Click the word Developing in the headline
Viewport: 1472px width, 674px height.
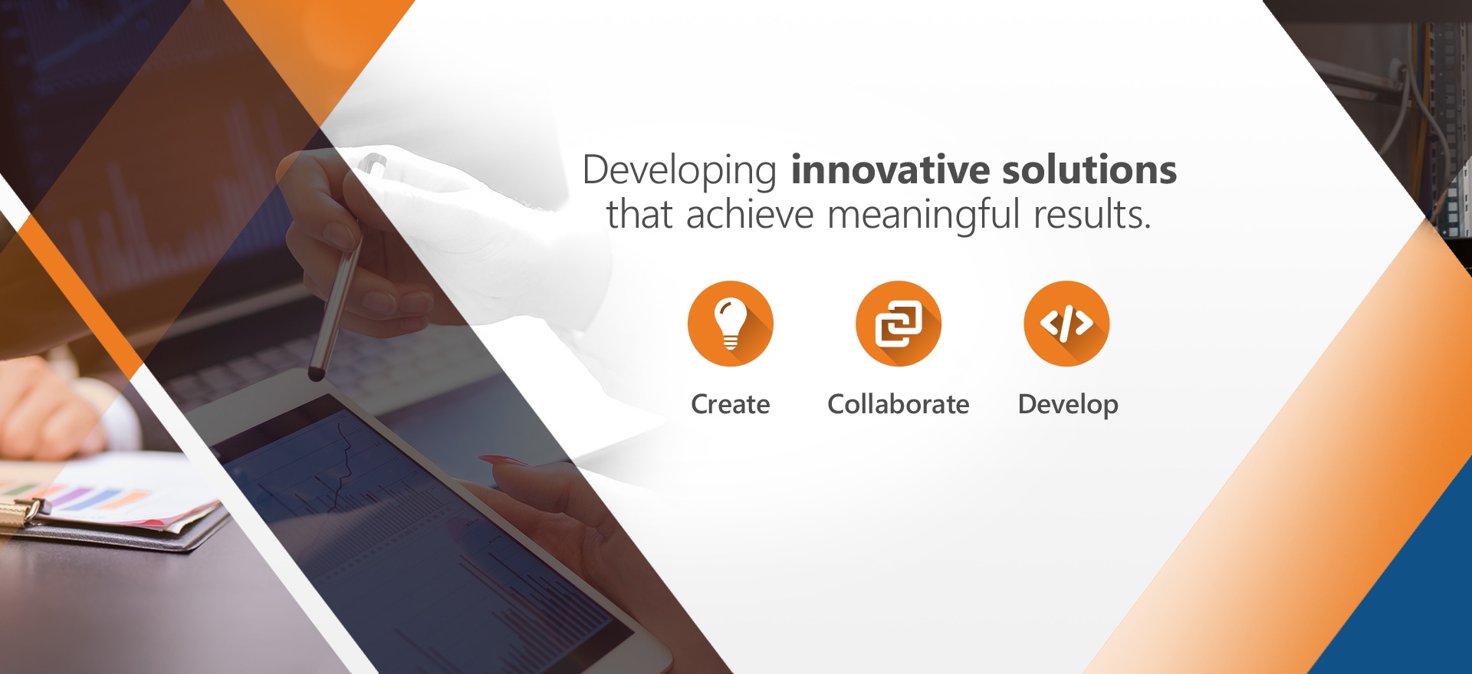[x=679, y=171]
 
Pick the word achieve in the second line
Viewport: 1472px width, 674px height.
[x=750, y=215]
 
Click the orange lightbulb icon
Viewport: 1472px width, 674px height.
[x=731, y=324]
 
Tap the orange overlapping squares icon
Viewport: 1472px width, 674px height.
[x=899, y=324]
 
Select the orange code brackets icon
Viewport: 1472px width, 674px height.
[x=1066, y=324]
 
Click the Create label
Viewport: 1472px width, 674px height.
[x=731, y=404]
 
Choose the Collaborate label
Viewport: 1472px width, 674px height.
[x=899, y=404]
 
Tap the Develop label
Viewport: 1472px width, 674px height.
[x=1068, y=405]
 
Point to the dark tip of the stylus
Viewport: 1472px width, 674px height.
[x=315, y=374]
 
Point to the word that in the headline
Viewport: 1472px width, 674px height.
[x=639, y=215]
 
